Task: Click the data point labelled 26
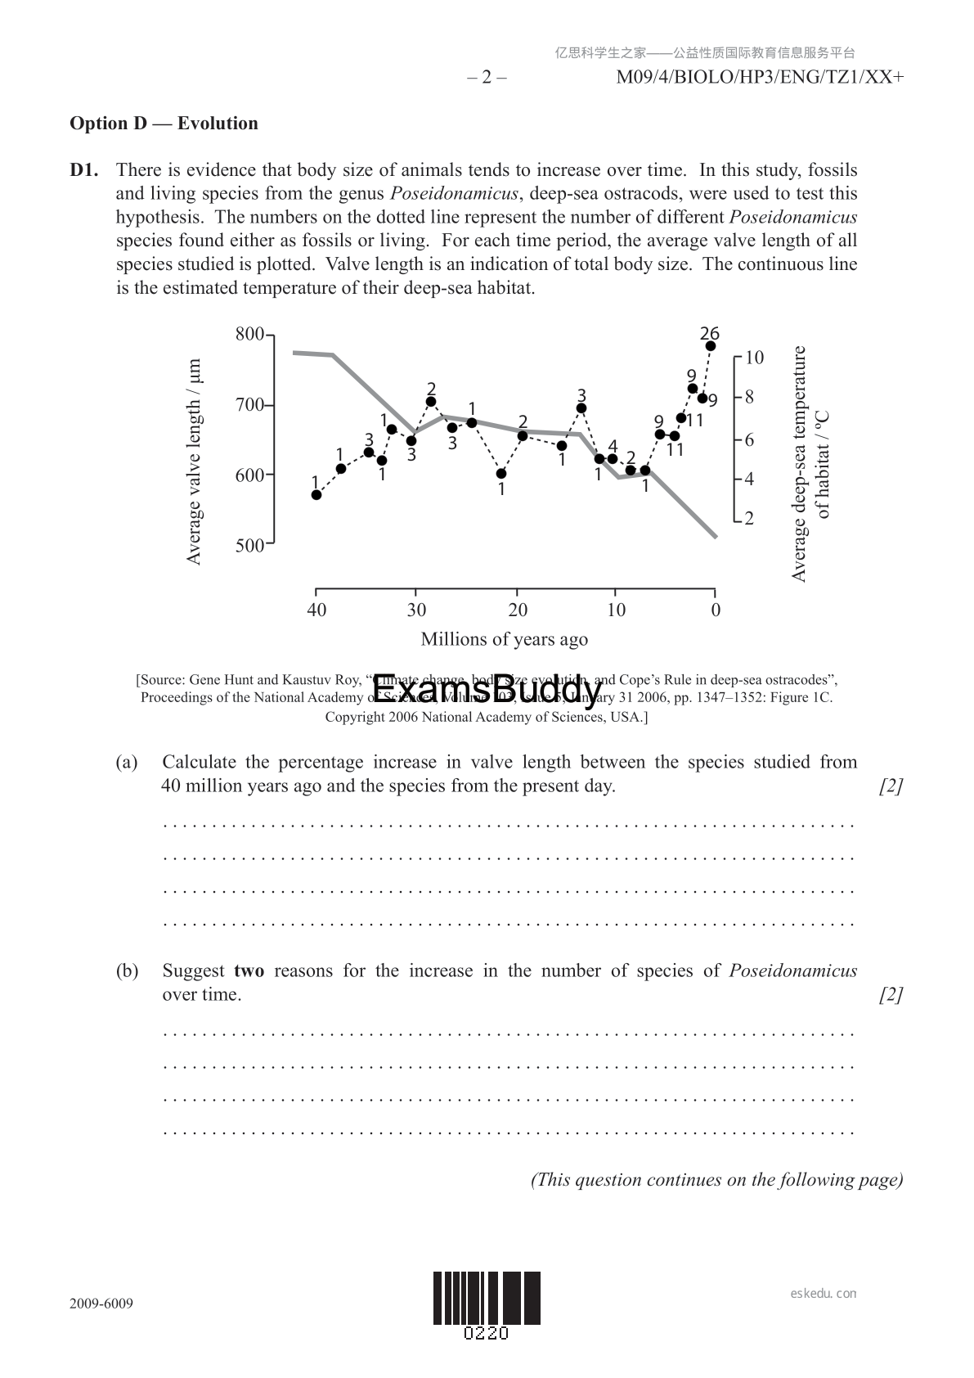tap(711, 346)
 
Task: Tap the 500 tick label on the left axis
tap(249, 546)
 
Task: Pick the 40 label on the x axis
tap(316, 610)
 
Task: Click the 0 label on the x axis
tap(716, 610)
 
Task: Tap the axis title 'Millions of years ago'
tap(504, 639)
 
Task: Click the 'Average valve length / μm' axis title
tap(194, 462)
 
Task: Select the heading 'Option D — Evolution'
tap(164, 124)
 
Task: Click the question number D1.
tap(84, 170)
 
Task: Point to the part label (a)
tap(127, 762)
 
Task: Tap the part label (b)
tap(127, 971)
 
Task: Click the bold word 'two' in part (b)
tap(249, 971)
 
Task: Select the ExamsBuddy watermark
tap(487, 692)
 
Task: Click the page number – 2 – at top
tap(487, 78)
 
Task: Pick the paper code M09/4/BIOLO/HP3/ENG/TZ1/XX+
tap(760, 78)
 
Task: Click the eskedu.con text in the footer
tap(824, 1294)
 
